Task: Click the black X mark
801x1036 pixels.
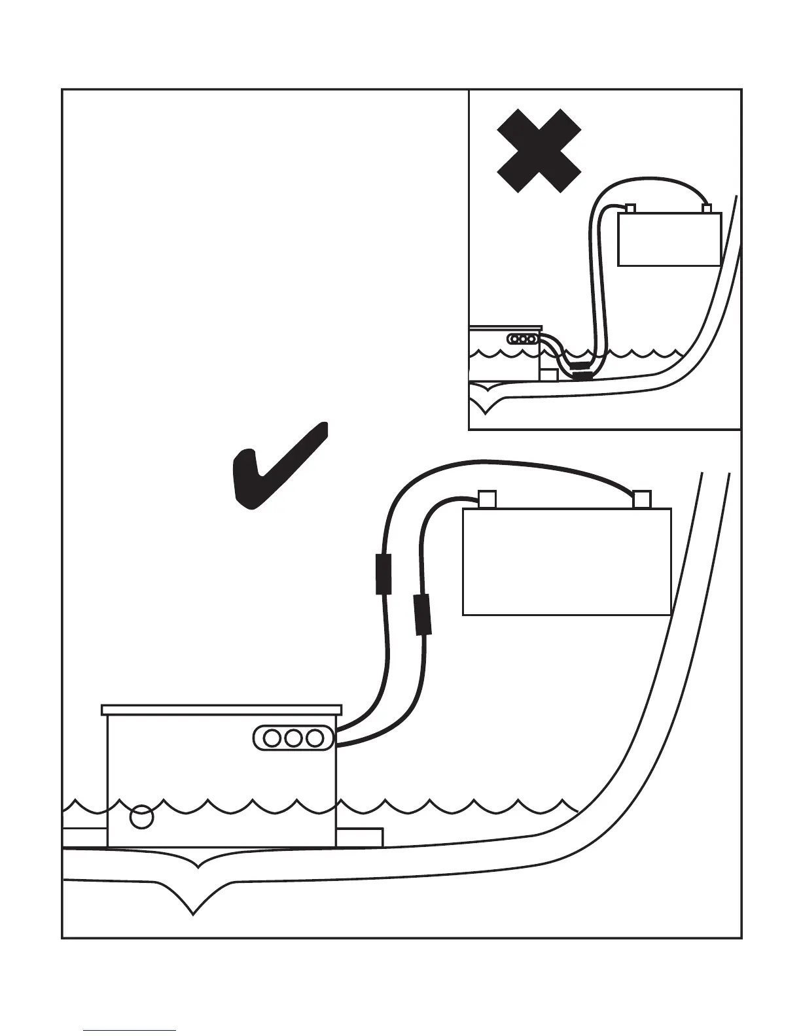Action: pyautogui.click(x=539, y=150)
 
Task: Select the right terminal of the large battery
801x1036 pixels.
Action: pyautogui.click(x=642, y=500)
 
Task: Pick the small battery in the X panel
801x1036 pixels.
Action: pyautogui.click(x=669, y=239)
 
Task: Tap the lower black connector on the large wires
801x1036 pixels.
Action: pyautogui.click(x=423, y=615)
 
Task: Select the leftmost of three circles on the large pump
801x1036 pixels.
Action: pyautogui.click(x=272, y=738)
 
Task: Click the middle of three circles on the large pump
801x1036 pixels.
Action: pyautogui.click(x=294, y=738)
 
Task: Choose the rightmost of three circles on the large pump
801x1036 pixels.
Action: pyautogui.click(x=315, y=738)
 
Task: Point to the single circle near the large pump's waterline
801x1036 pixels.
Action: pyautogui.click(x=142, y=817)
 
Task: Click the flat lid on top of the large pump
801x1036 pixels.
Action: pyautogui.click(x=222, y=710)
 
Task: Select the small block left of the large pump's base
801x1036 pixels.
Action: pyautogui.click(x=84, y=837)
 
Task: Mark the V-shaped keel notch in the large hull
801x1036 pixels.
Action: pyautogui.click(x=194, y=906)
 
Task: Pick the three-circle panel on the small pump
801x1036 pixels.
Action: pyautogui.click(x=523, y=339)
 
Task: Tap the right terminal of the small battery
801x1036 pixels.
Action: pyautogui.click(x=707, y=209)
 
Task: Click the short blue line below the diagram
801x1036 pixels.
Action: pyautogui.click(x=130, y=1031)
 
